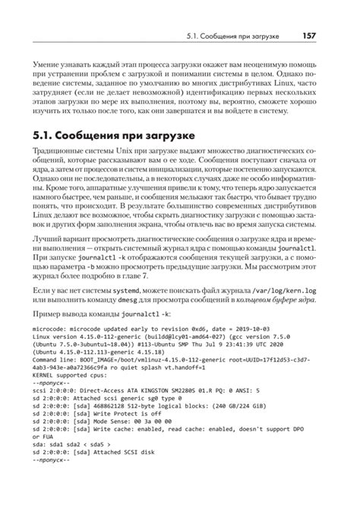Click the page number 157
tap(307, 36)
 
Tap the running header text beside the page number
tap(236, 36)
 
